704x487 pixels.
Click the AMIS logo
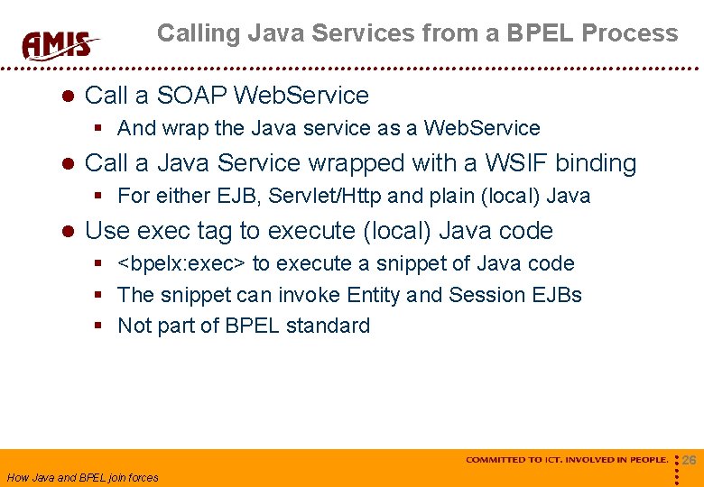point(60,42)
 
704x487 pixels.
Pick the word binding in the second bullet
point(596,162)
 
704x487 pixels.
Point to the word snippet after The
point(193,295)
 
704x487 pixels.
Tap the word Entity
point(372,295)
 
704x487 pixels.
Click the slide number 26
point(690,460)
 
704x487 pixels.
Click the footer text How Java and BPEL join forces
point(82,478)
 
